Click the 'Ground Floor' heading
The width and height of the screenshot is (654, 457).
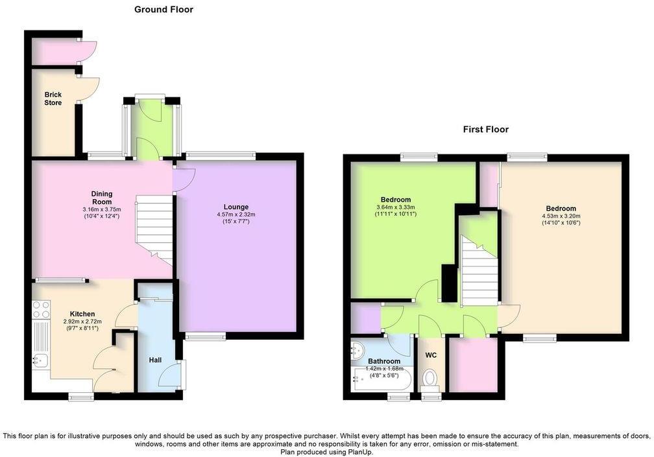click(x=163, y=10)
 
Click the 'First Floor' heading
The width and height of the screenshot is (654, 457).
click(x=485, y=130)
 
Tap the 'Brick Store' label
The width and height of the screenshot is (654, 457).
click(x=53, y=99)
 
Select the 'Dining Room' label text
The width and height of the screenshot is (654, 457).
click(x=101, y=197)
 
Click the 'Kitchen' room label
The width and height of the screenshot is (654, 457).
click(x=82, y=314)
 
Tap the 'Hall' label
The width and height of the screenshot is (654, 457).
click(x=154, y=360)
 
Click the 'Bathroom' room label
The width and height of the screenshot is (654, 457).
click(x=384, y=361)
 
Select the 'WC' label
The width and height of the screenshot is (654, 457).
click(x=430, y=355)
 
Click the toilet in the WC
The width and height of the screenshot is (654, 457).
click(x=430, y=378)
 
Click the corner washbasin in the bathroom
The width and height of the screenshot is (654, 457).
click(x=357, y=351)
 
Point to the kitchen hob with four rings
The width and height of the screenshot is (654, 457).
click(x=41, y=311)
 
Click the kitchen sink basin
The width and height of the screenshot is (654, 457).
click(x=39, y=360)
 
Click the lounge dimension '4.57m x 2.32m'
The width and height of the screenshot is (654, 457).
click(x=236, y=215)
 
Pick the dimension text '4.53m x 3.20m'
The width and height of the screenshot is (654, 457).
click(x=561, y=217)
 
